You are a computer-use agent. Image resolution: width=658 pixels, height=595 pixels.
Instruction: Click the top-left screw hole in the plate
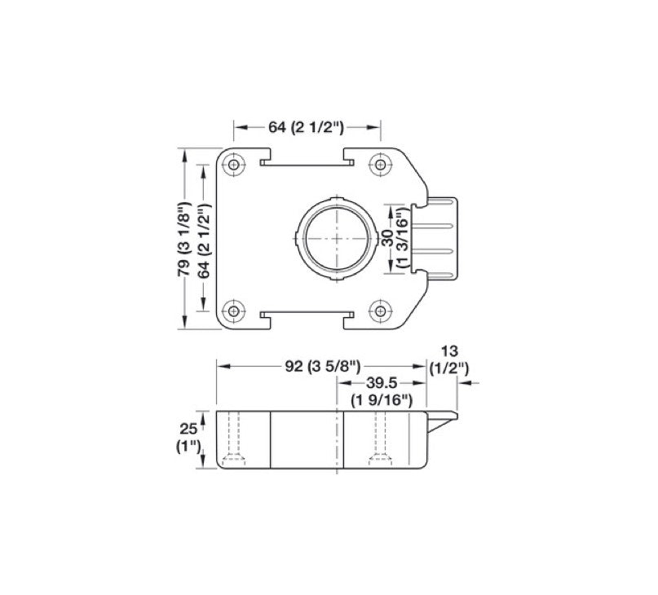click(235, 164)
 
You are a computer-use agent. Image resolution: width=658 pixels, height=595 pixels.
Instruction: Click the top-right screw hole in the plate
click(379, 164)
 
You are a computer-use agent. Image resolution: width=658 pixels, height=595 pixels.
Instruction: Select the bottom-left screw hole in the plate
click(235, 310)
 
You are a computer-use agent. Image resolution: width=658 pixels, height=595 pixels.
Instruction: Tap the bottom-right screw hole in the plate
click(379, 310)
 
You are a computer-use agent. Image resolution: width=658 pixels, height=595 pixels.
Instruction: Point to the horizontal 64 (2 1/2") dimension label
click(307, 127)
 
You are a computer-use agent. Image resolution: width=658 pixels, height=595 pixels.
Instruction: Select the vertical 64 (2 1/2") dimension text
click(204, 240)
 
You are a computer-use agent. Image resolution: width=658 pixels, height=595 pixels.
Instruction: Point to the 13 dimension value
click(448, 350)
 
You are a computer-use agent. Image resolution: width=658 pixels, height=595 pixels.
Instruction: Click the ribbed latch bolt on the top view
click(439, 236)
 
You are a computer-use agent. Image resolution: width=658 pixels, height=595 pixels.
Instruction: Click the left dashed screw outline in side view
click(235, 440)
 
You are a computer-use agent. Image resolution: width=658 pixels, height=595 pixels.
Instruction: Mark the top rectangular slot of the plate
click(307, 160)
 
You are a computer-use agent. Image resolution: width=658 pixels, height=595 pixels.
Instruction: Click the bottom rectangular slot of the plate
click(307, 315)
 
